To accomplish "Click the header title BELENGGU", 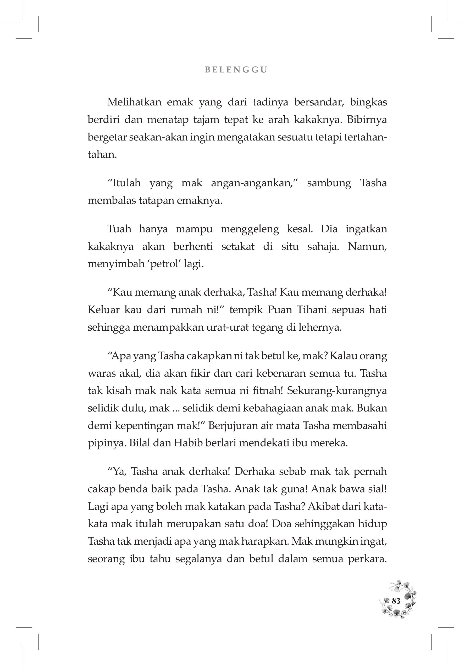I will click(x=236, y=70).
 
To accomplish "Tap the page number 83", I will click(x=396, y=601).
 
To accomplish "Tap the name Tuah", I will click(x=119, y=229).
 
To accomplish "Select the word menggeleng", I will click(x=249, y=229).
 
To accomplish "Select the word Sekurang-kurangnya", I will click(x=337, y=391).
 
